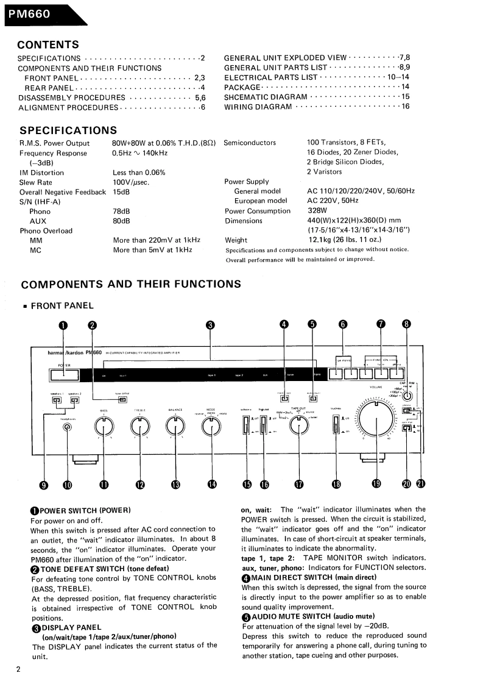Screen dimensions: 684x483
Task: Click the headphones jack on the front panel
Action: [x=67, y=427]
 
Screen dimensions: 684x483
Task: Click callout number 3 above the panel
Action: [x=211, y=325]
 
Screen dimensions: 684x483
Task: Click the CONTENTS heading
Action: [x=48, y=45]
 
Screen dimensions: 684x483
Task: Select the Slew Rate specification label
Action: [x=36, y=182]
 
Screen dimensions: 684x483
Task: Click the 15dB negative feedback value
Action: [x=121, y=192]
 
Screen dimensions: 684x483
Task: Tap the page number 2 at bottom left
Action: [x=18, y=669]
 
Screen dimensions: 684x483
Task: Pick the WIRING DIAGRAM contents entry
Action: [x=258, y=107]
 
